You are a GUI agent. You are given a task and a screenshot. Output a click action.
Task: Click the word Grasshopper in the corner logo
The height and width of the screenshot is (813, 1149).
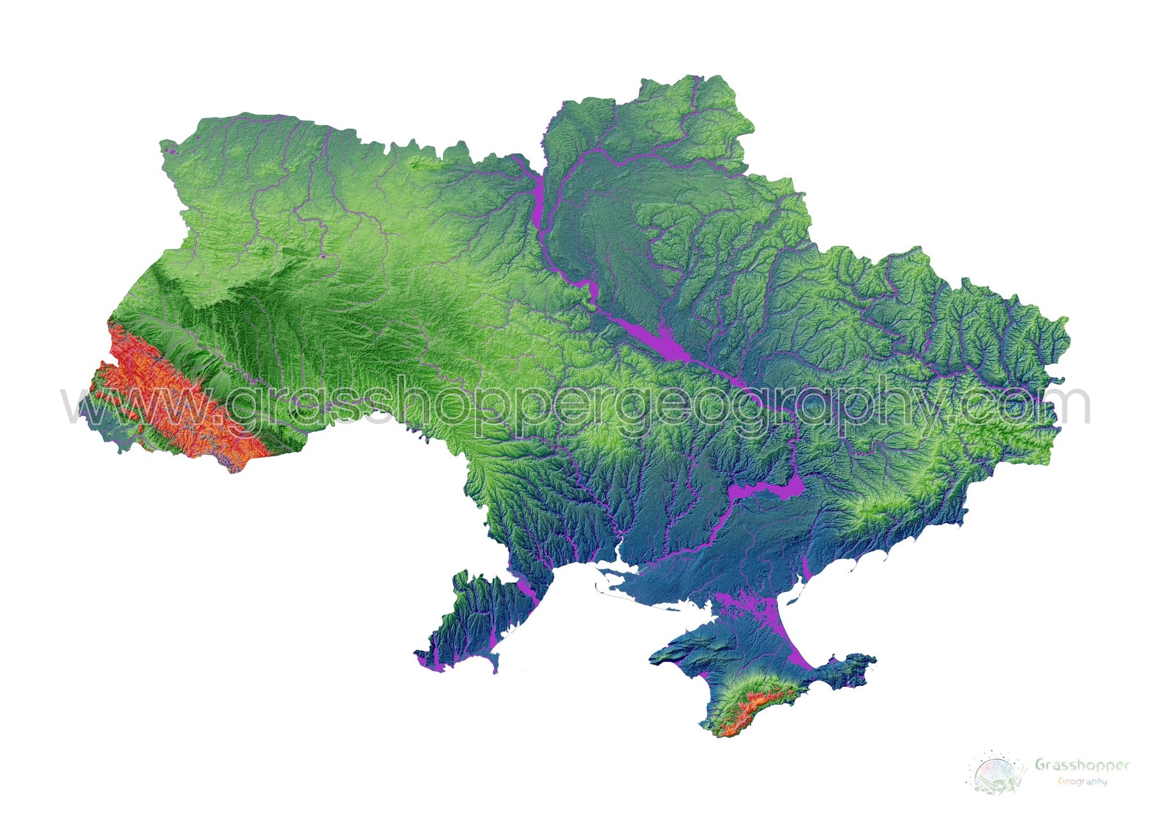coord(1082,765)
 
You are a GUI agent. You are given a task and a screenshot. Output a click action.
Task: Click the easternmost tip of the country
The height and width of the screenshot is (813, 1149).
coord(1067,319)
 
